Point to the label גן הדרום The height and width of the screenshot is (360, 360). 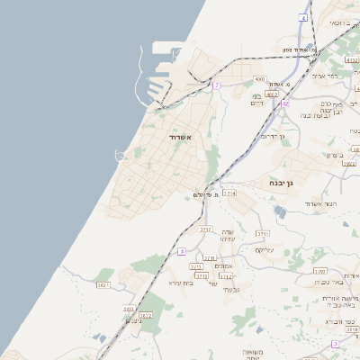(272, 136)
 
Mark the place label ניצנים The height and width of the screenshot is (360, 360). (133, 319)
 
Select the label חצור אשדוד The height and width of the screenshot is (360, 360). (319, 205)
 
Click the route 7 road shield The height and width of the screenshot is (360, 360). (217, 85)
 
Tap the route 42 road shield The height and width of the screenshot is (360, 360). (285, 104)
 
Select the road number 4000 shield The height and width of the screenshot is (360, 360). (259, 79)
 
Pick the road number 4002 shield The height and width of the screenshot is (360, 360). (272, 93)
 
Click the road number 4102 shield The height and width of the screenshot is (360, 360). (351, 60)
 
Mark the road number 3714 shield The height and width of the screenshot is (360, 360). (229, 193)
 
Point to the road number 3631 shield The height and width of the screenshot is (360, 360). (103, 285)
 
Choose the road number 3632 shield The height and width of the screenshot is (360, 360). (146, 316)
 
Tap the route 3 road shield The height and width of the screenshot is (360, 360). (335, 344)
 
